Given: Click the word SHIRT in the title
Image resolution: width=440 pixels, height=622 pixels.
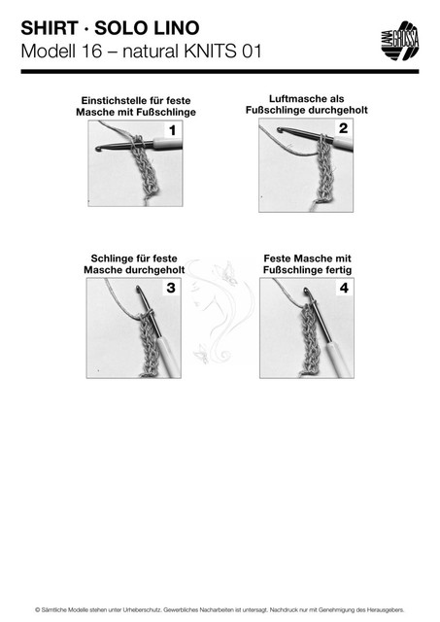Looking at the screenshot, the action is pyautogui.click(x=50, y=28).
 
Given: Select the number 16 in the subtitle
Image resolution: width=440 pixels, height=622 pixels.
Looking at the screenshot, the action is pyautogui.click(x=91, y=52).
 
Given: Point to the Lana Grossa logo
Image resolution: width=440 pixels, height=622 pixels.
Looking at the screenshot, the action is pyautogui.click(x=399, y=41).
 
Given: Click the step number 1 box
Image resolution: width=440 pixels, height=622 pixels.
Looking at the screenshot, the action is pyautogui.click(x=172, y=130).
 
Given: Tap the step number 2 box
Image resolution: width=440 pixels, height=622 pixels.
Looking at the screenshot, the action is pyautogui.click(x=343, y=128).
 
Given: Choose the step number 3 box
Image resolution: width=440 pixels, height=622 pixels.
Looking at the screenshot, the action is pyautogui.click(x=171, y=288).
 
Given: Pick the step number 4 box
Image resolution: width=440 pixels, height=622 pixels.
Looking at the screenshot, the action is pyautogui.click(x=344, y=288).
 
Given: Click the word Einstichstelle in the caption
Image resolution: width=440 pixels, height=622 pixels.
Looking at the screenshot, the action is pyautogui.click(x=107, y=101).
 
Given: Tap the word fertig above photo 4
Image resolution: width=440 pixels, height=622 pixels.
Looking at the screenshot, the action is pyautogui.click(x=338, y=270).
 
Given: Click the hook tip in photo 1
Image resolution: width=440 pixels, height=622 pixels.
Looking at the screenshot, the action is pyautogui.click(x=98, y=149).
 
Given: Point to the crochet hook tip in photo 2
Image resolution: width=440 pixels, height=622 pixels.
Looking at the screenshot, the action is pyautogui.click(x=281, y=129).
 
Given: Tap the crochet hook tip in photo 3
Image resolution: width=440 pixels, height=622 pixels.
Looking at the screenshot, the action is pyautogui.click(x=138, y=289).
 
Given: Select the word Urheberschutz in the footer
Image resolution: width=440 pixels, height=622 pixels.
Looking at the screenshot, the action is pyautogui.click(x=145, y=609).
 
